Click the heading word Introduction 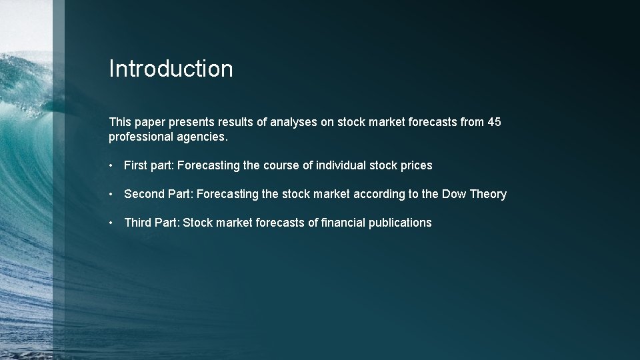[171, 69]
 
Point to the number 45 [493, 122]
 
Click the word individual [344, 165]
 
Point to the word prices [417, 165]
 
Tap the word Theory [488, 194]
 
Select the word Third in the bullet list [138, 223]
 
